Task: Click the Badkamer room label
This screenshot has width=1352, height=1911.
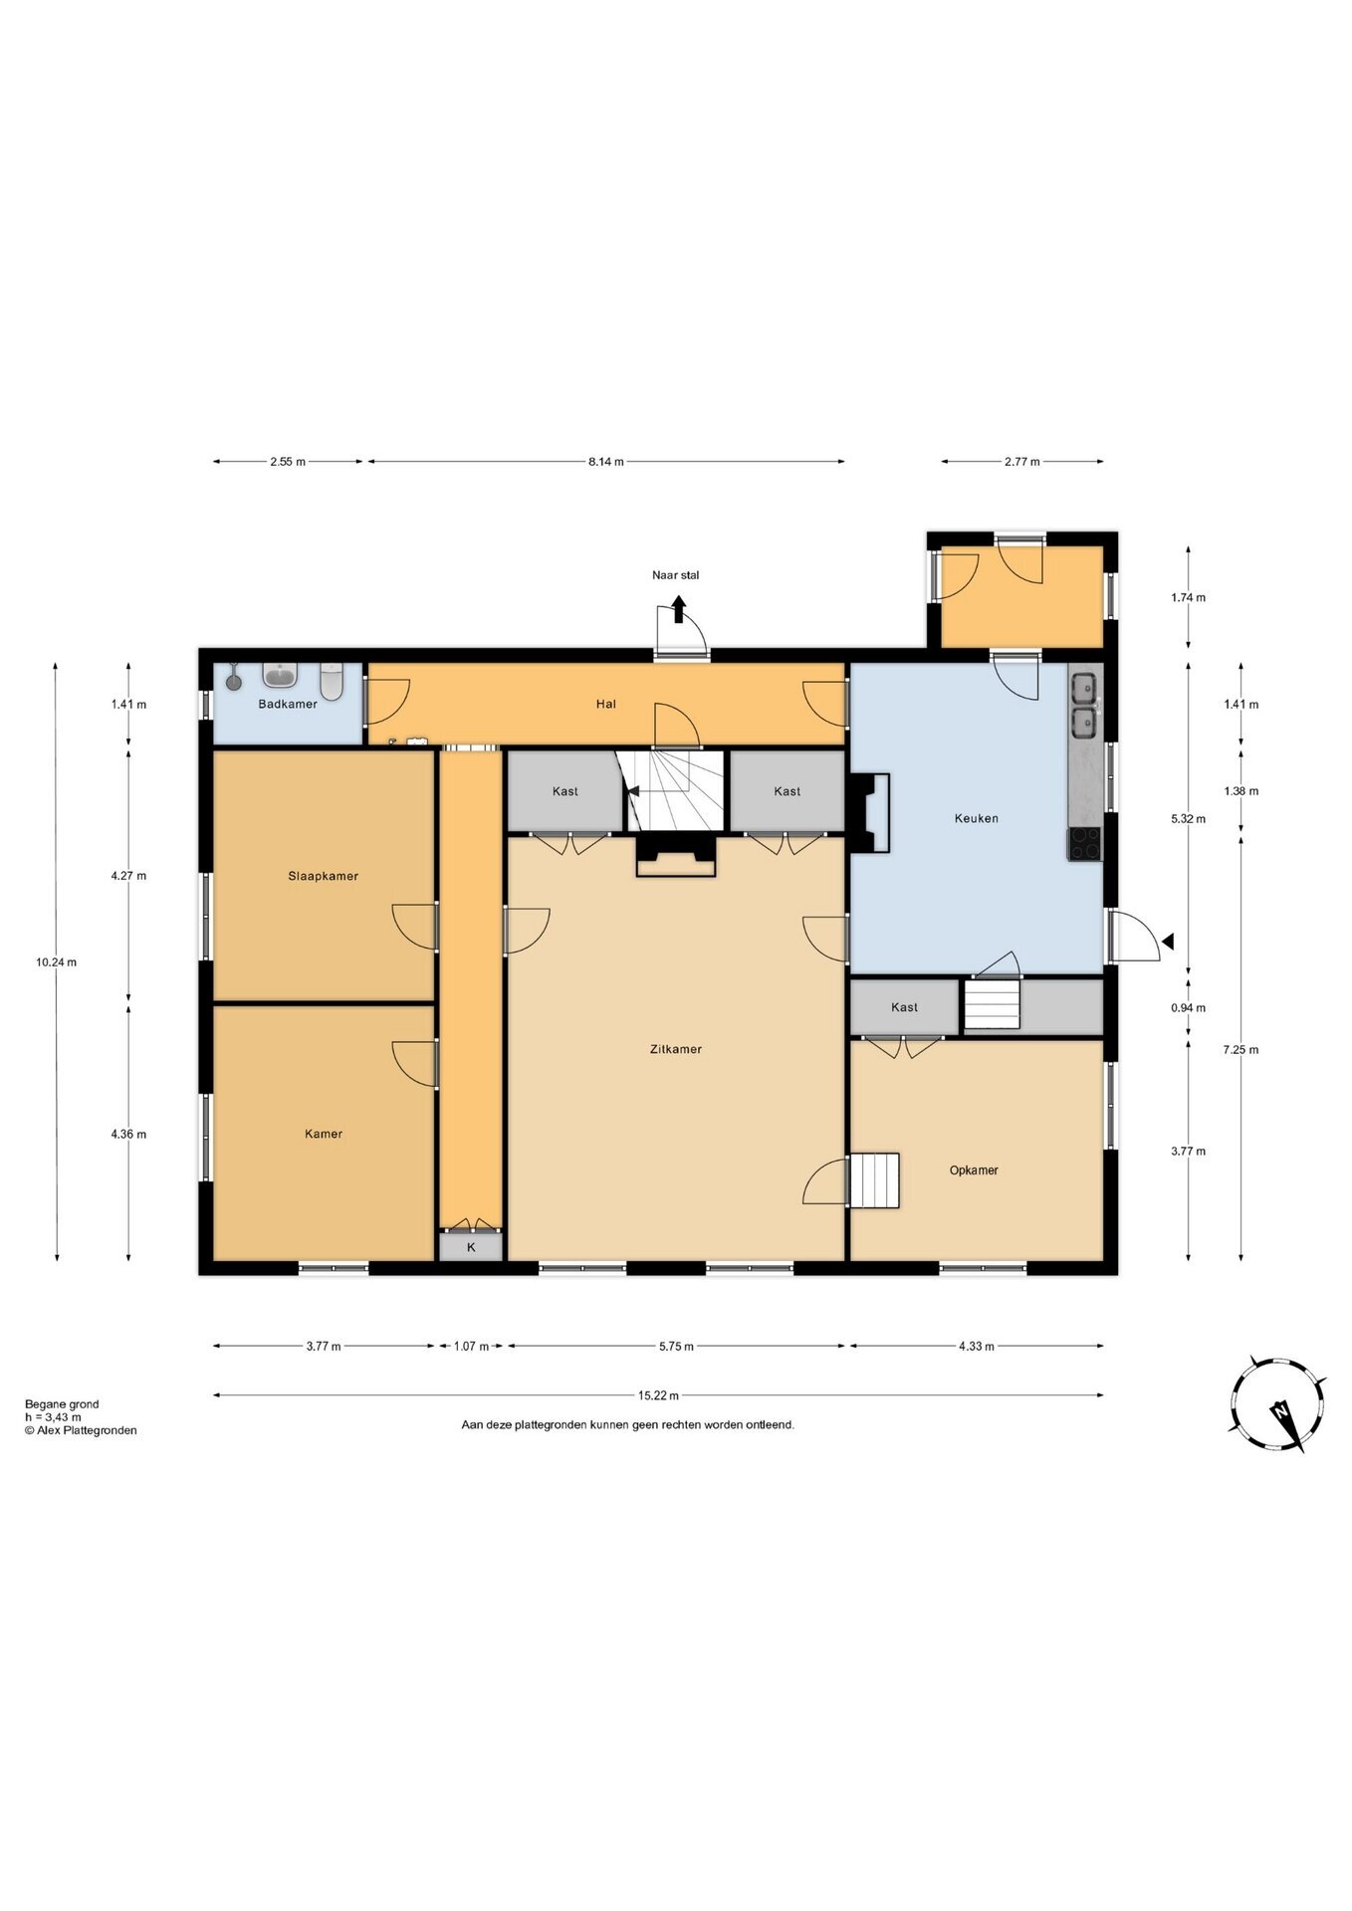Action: [x=288, y=704]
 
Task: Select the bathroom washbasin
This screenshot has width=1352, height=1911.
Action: [x=281, y=676]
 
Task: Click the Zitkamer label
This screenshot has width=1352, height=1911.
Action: [x=675, y=1049]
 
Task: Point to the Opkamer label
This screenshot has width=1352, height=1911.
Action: [x=974, y=1170]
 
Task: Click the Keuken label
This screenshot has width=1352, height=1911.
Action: [x=976, y=818]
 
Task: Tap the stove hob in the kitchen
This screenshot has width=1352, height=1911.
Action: [x=1085, y=843]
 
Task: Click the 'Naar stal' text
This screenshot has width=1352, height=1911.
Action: [x=676, y=575]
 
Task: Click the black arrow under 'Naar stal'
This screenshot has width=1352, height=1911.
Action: [x=678, y=609]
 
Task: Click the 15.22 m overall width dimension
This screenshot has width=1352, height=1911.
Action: [x=658, y=1395]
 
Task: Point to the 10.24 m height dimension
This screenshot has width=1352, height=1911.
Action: [x=56, y=962]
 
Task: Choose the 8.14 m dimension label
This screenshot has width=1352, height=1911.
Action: [x=605, y=462]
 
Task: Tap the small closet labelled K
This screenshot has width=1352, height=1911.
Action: [x=471, y=1247]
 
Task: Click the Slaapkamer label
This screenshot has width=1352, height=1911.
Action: [x=323, y=876]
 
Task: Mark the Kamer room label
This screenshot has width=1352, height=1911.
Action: [x=324, y=1134]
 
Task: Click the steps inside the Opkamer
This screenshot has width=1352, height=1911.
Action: [x=874, y=1180]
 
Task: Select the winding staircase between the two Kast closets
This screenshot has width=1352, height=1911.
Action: [x=669, y=790]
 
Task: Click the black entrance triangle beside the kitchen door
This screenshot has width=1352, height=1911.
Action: [x=1168, y=941]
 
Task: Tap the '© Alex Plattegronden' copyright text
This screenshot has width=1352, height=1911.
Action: [x=81, y=1430]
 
